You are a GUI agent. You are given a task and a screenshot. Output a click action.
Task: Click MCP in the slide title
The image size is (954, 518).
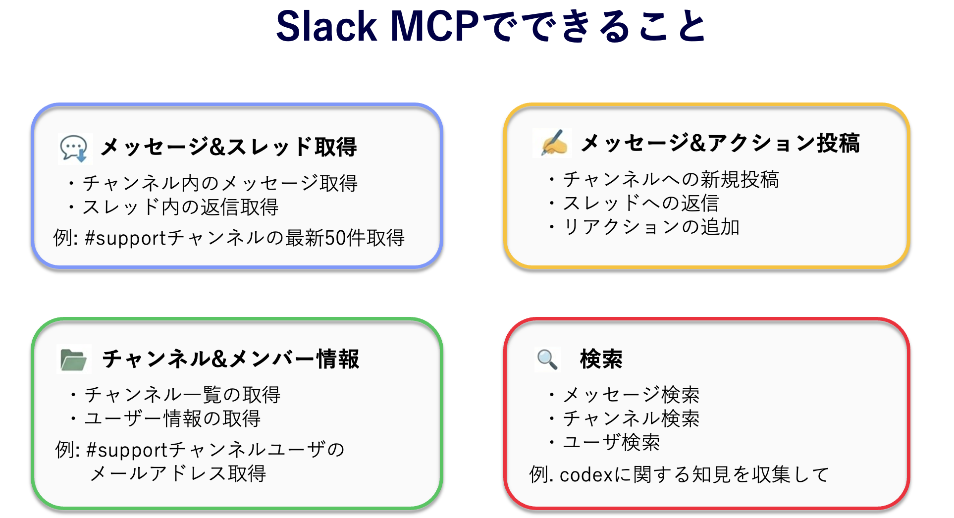(x=434, y=27)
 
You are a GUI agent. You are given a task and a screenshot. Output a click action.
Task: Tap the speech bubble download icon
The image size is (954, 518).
(x=74, y=149)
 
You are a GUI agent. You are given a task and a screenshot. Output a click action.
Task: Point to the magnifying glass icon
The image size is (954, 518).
(x=547, y=359)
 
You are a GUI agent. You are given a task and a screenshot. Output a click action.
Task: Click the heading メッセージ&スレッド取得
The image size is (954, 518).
(x=228, y=147)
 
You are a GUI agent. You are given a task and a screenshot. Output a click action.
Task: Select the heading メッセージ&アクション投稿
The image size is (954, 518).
(x=720, y=143)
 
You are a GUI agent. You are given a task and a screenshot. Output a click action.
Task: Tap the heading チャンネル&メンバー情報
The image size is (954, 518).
(x=230, y=359)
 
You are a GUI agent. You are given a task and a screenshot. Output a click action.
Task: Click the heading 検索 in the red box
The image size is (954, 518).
(x=601, y=359)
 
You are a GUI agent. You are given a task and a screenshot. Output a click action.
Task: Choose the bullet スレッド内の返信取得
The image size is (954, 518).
(x=180, y=207)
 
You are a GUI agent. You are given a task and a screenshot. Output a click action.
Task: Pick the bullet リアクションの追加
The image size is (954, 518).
(x=651, y=227)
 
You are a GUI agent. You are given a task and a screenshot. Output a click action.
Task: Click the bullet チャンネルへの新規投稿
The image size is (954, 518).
(x=671, y=179)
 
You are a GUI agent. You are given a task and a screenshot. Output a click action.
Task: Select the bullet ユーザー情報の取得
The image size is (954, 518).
(x=172, y=418)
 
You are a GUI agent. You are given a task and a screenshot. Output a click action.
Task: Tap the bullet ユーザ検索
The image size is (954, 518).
(x=611, y=442)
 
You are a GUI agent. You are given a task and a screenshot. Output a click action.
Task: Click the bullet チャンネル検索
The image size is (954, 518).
(x=631, y=418)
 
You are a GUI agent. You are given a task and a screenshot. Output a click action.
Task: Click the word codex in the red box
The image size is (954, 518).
(x=586, y=475)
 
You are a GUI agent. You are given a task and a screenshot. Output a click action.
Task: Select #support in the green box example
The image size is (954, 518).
(x=127, y=450)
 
